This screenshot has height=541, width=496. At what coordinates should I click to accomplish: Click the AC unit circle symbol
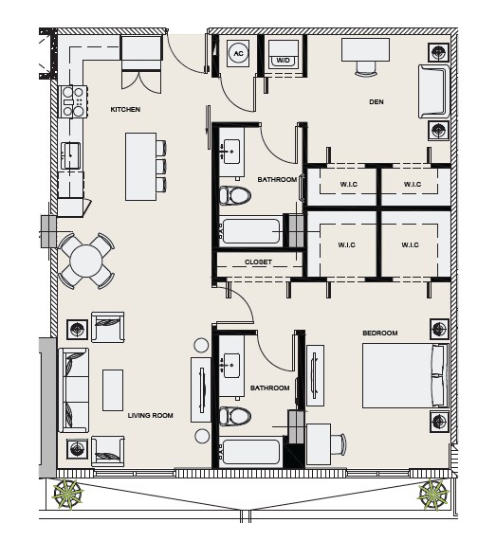click(238, 53)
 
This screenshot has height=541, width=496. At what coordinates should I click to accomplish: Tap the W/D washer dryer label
click(283, 61)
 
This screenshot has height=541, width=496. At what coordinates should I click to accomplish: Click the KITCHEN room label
click(125, 109)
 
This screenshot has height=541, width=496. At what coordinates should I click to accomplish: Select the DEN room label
click(377, 101)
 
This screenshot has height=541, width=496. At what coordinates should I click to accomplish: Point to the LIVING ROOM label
click(150, 415)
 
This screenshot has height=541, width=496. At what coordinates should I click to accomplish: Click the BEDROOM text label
click(380, 333)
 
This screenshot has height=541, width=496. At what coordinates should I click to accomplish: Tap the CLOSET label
click(258, 262)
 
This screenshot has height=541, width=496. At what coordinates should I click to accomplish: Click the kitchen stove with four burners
click(73, 101)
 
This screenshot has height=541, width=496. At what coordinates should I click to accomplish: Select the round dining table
click(85, 261)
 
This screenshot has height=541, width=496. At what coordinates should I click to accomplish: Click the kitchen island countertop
click(141, 167)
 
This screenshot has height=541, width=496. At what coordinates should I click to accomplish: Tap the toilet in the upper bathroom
click(235, 196)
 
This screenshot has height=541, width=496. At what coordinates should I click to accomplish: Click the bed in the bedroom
click(405, 375)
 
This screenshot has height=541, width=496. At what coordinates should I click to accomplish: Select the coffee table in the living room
click(113, 390)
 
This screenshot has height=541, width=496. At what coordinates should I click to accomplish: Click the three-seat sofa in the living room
click(74, 390)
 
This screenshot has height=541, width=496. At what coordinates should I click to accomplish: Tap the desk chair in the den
click(366, 68)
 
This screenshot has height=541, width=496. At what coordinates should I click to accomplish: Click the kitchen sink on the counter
click(71, 155)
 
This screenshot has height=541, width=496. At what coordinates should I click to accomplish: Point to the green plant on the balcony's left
click(67, 494)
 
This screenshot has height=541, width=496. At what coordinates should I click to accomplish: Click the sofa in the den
click(433, 92)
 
